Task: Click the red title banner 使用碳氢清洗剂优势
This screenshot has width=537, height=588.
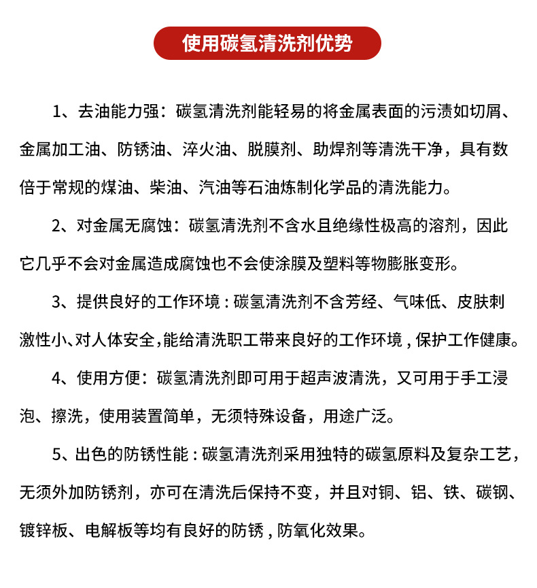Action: click(268, 43)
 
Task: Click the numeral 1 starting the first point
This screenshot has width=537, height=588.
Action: click(57, 112)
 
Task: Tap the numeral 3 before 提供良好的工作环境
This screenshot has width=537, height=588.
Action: click(57, 301)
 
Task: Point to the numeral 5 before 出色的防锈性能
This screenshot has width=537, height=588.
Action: click(57, 453)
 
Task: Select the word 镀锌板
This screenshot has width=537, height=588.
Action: click(44, 529)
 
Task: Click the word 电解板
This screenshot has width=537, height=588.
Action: click(109, 529)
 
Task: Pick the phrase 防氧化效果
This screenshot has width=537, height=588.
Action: click(324, 529)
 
